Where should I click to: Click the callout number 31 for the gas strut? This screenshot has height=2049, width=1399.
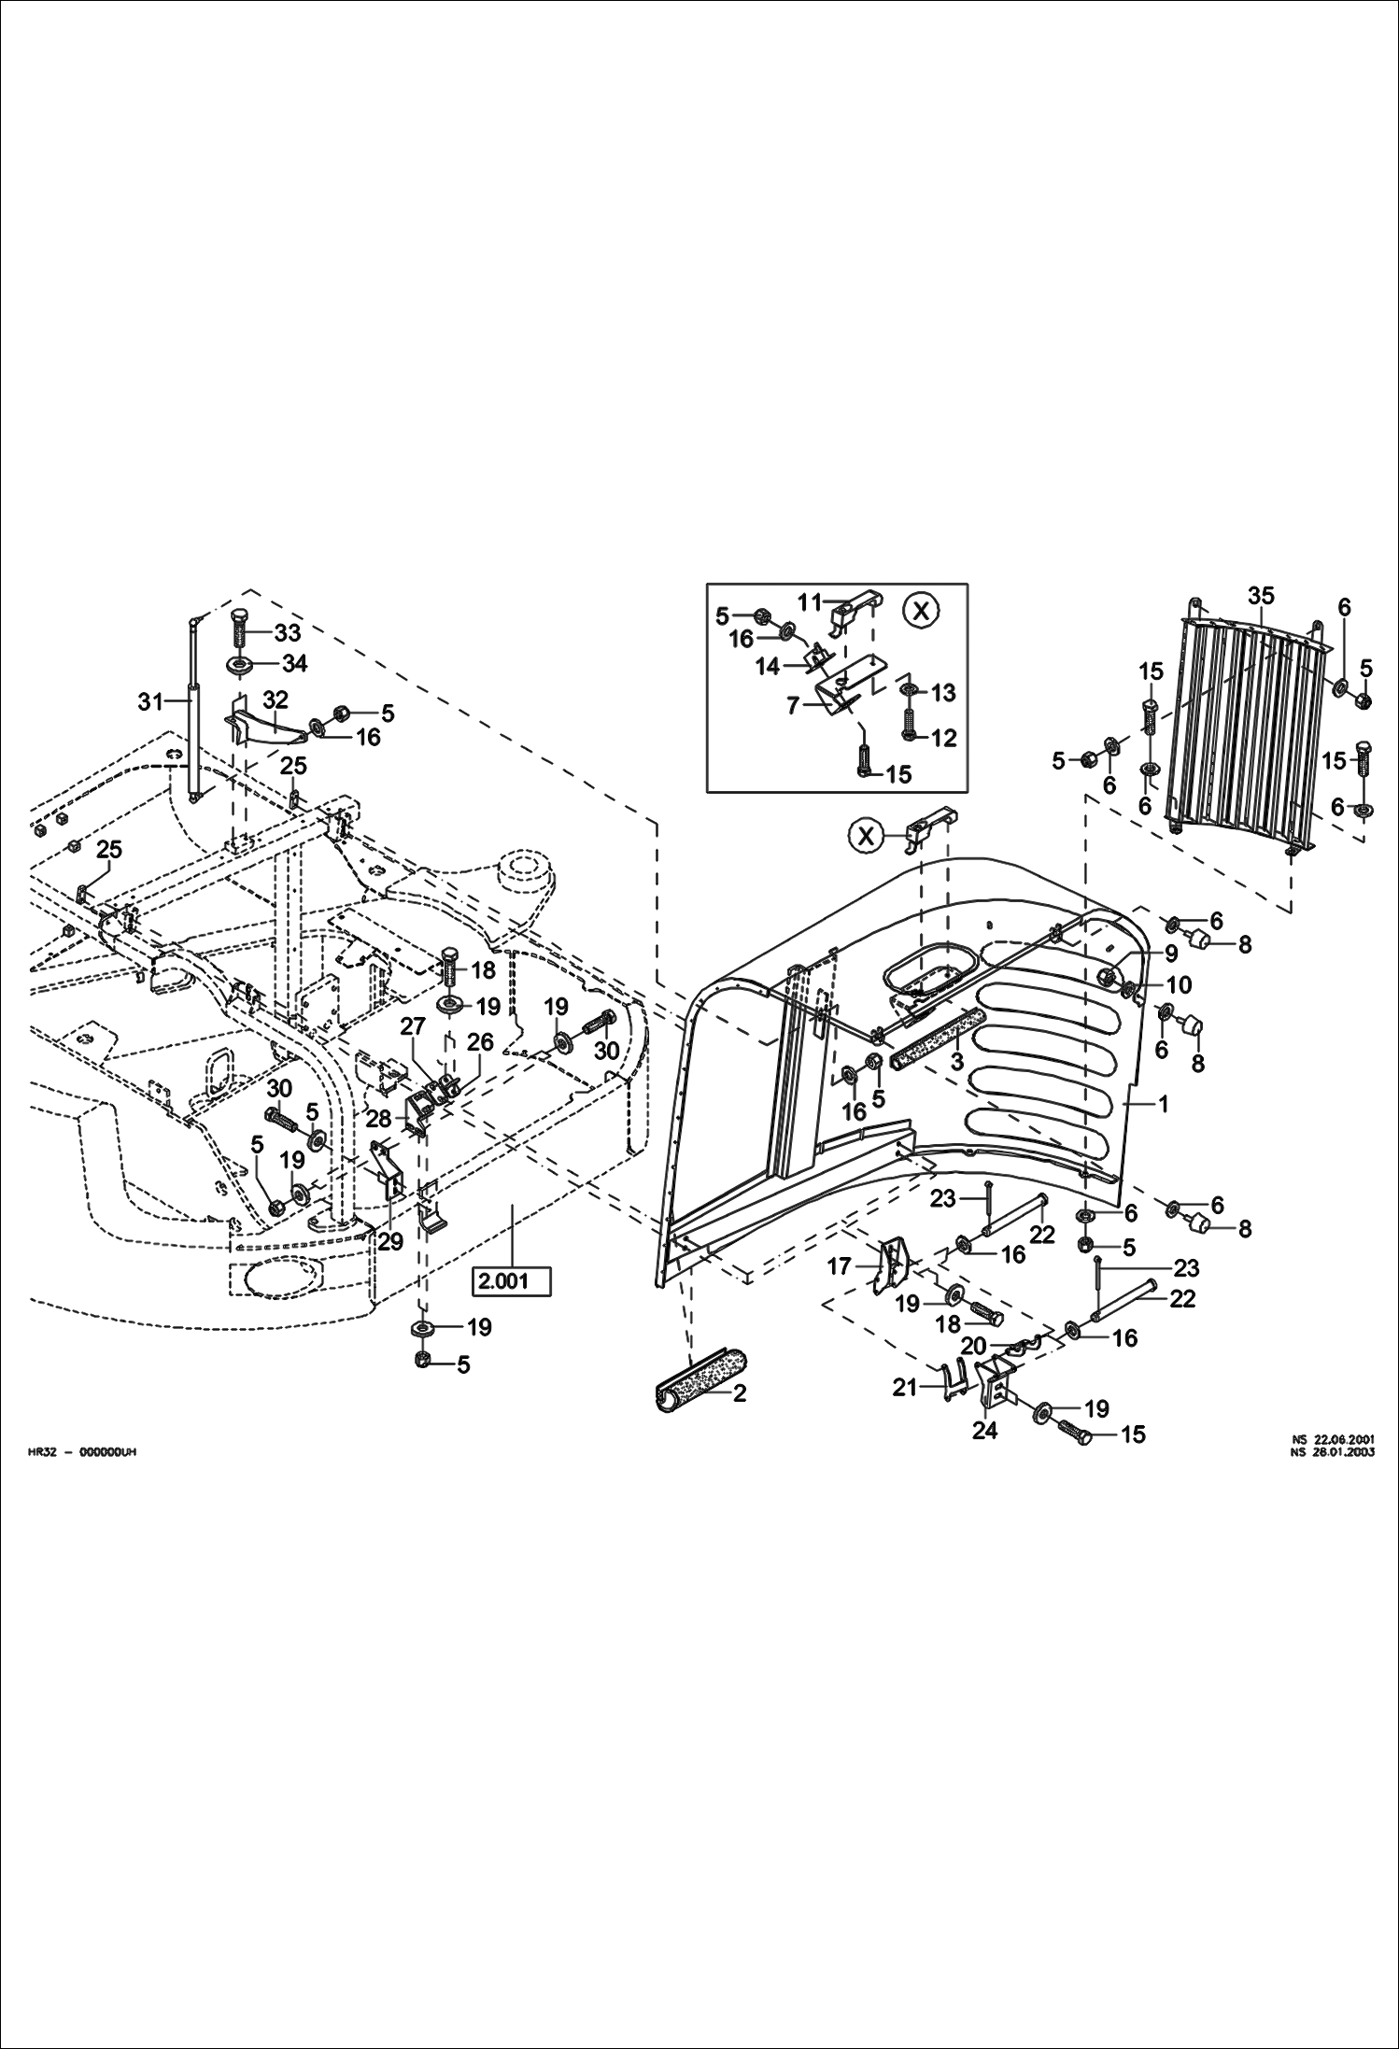150,701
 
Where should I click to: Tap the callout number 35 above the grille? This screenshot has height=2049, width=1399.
1260,595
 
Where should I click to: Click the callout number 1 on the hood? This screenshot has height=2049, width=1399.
1163,1104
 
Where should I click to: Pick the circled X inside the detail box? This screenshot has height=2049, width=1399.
921,611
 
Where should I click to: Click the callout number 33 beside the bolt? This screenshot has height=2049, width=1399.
288,632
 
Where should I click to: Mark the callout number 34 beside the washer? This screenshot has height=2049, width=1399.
294,663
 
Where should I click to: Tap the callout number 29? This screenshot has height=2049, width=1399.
389,1241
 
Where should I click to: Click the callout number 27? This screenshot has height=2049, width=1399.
413,1026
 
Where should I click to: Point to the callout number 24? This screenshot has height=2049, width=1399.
985,1430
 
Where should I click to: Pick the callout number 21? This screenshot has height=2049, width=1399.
905,1388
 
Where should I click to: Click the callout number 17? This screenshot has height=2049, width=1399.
840,1266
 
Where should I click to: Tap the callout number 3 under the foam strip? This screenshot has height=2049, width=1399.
956,1063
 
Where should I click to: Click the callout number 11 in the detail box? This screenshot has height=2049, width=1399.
809,601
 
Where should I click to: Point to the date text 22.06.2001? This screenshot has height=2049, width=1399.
1344,1440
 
